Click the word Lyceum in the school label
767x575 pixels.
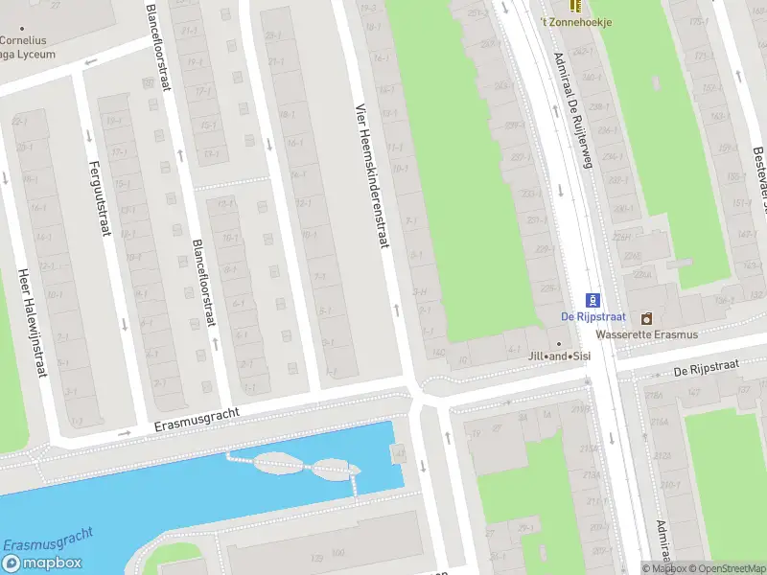(x=35, y=55)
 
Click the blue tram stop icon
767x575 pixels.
(x=593, y=300)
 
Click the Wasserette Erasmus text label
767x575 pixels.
(x=646, y=334)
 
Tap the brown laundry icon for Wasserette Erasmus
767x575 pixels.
(x=646, y=318)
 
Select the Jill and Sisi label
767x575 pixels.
(x=559, y=356)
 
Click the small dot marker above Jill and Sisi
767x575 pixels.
(x=559, y=343)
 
